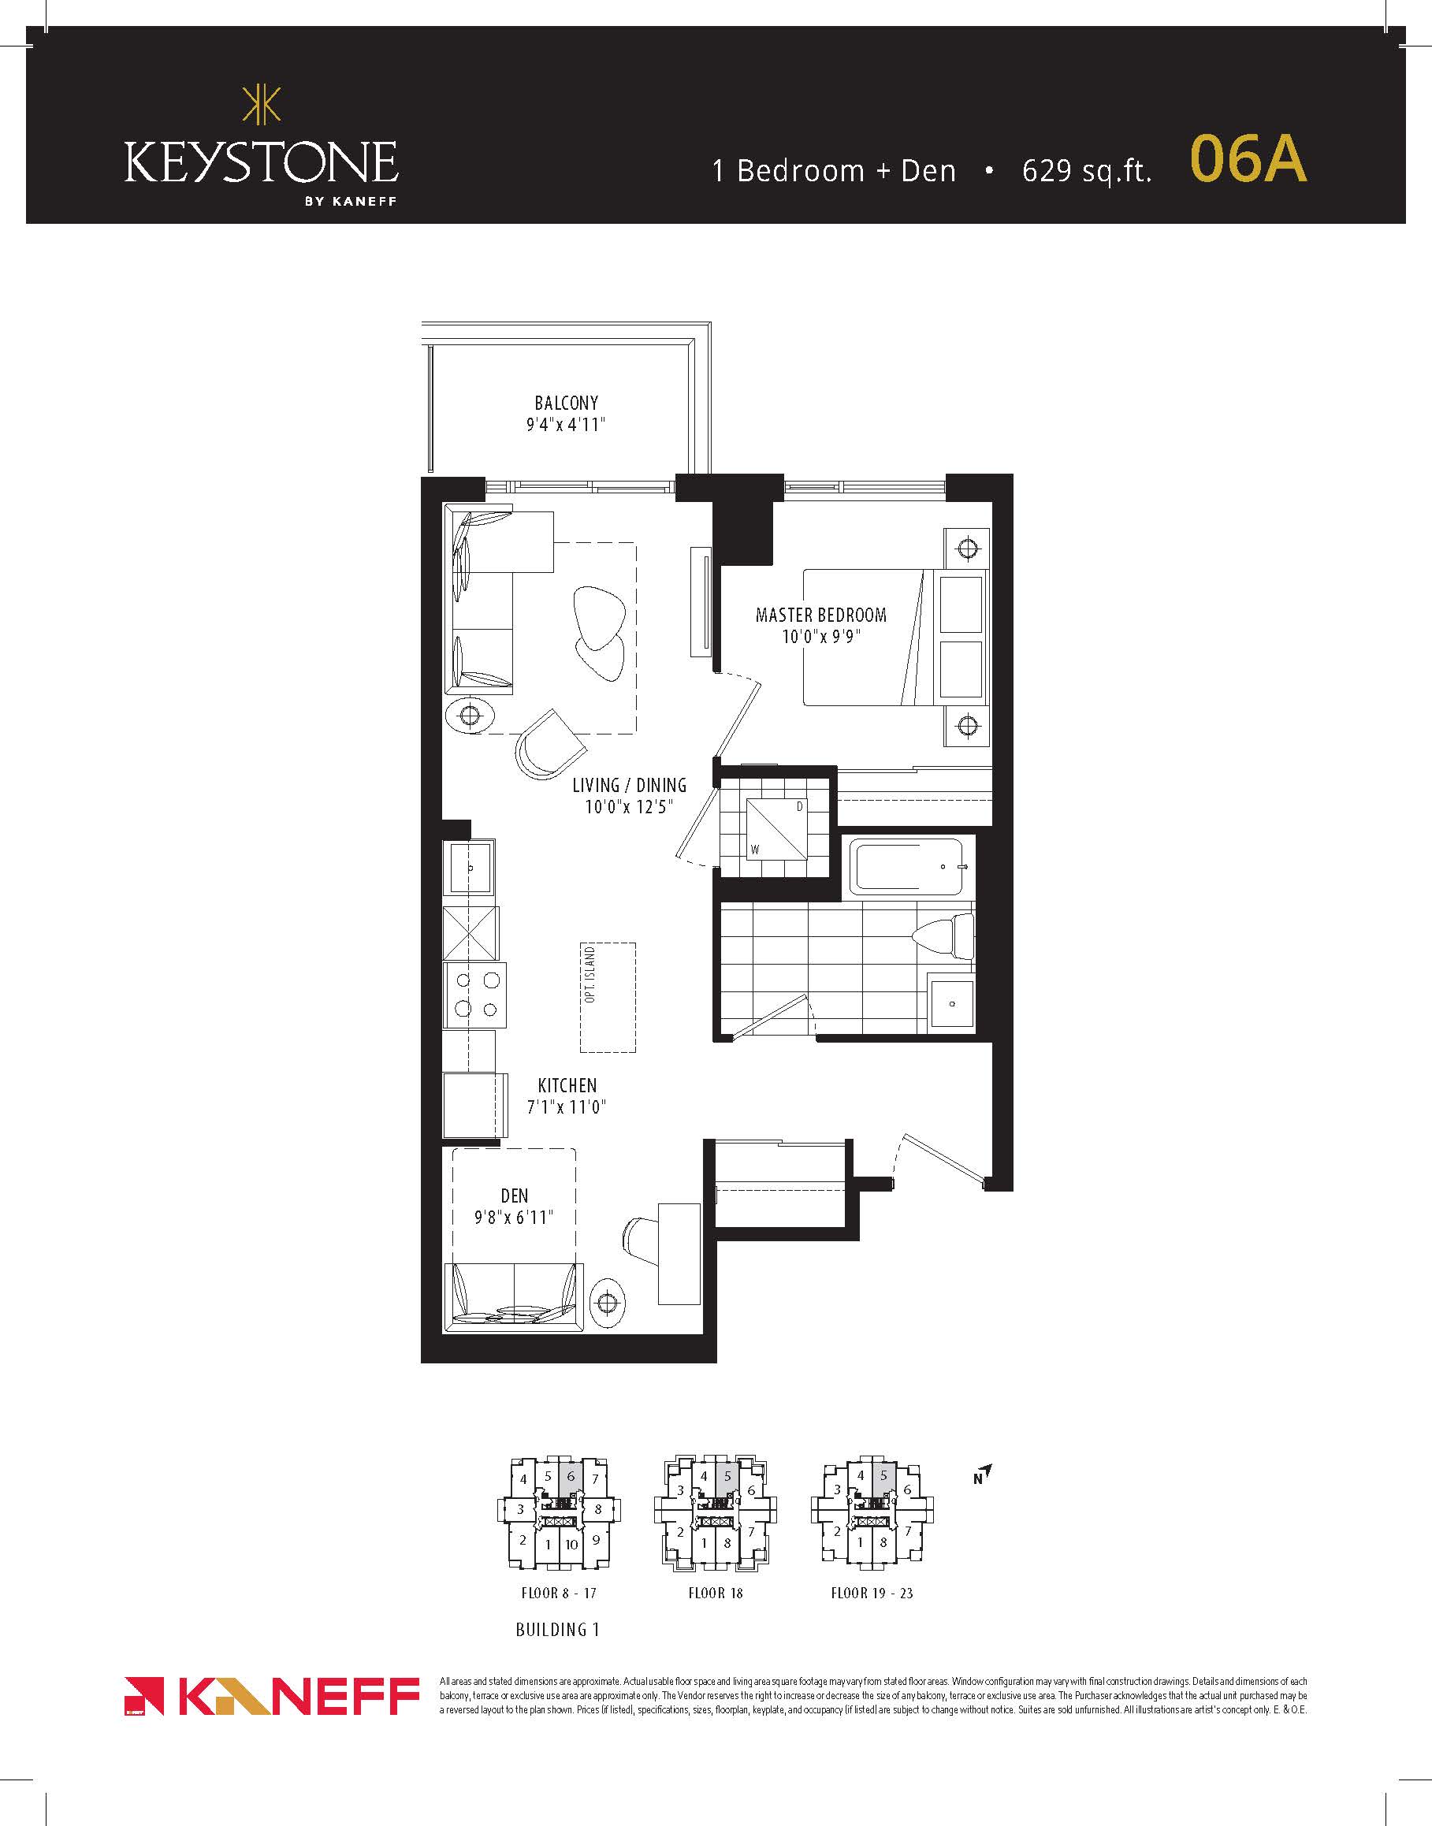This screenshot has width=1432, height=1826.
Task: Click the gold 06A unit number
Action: (1248, 158)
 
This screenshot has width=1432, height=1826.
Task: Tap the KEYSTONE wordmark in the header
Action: (262, 162)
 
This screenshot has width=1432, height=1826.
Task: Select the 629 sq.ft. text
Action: (1087, 171)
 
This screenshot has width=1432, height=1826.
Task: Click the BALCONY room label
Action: (566, 404)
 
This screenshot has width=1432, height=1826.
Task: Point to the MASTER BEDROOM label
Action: (820, 615)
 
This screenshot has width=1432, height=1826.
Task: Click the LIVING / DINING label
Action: (629, 786)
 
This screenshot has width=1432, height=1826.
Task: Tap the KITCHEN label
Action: (567, 1086)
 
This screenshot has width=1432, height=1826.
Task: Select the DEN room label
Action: (514, 1196)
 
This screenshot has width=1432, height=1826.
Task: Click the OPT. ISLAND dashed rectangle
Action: (608, 997)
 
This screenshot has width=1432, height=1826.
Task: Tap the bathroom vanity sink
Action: (952, 1002)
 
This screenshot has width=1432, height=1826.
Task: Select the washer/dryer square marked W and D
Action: (777, 828)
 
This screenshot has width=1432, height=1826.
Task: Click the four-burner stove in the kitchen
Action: (474, 995)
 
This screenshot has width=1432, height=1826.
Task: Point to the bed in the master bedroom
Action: (895, 638)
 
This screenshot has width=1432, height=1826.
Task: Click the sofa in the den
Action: (514, 1296)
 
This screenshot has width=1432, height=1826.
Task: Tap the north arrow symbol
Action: (983, 1473)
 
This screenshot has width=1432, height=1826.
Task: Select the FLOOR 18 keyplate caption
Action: (715, 1593)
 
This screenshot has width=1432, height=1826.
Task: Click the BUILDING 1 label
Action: (557, 1630)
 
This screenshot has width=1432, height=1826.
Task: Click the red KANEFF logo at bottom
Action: (272, 1697)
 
